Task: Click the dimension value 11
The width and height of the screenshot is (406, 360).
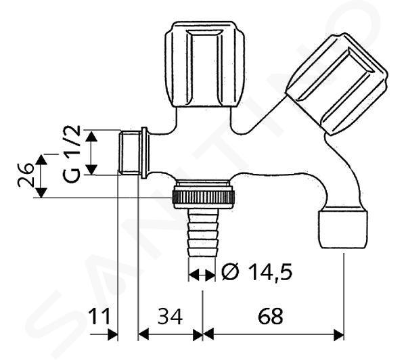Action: point(99,317)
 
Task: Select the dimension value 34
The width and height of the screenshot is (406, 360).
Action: point(170,317)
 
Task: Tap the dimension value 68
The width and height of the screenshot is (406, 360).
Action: point(271,317)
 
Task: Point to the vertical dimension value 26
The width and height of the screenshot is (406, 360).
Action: point(26,175)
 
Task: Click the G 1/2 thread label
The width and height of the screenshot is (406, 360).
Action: point(71,154)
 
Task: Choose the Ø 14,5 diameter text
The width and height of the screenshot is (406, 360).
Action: point(257,272)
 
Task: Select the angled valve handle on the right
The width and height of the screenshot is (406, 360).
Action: point(336,83)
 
